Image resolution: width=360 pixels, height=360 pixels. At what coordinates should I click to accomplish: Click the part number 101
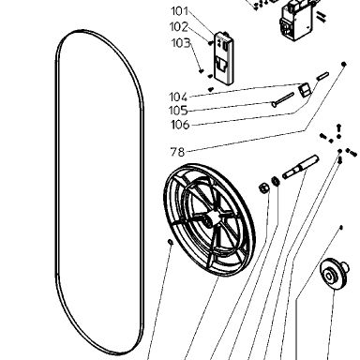tap(180, 11)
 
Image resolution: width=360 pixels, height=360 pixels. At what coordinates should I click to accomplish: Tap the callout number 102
tap(179, 27)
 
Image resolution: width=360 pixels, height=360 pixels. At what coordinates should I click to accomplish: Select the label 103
tap(181, 43)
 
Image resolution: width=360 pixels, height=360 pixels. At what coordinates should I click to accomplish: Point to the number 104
tap(178, 97)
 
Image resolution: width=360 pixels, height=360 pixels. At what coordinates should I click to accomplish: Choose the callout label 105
tap(178, 111)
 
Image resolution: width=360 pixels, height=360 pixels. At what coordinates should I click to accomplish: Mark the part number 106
tap(180, 125)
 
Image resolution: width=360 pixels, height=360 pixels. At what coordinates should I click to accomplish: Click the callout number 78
tap(177, 152)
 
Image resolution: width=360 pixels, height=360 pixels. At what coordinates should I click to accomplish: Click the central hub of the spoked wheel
tap(210, 218)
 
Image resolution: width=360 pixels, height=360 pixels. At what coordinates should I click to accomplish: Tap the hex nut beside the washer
tap(263, 188)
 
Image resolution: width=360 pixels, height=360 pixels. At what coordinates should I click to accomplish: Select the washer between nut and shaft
tap(276, 181)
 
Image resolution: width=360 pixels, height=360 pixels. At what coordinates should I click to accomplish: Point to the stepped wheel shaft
tap(300, 167)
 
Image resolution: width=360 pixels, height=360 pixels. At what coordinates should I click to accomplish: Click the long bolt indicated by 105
tap(283, 99)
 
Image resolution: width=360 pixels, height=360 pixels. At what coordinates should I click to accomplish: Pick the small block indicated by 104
tap(305, 89)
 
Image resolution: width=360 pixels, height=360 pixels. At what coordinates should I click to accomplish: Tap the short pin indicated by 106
tap(322, 76)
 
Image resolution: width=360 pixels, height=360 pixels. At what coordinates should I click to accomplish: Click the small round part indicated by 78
tap(344, 64)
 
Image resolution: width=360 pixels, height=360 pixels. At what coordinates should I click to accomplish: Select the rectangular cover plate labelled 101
tap(224, 58)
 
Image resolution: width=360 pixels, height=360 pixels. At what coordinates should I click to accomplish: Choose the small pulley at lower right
tap(334, 274)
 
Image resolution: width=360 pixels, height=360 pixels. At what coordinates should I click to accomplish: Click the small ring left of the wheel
tap(171, 242)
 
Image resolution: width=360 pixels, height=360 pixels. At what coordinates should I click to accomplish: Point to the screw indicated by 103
tap(202, 71)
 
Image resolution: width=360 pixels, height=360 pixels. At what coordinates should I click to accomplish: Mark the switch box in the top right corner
tap(297, 21)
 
